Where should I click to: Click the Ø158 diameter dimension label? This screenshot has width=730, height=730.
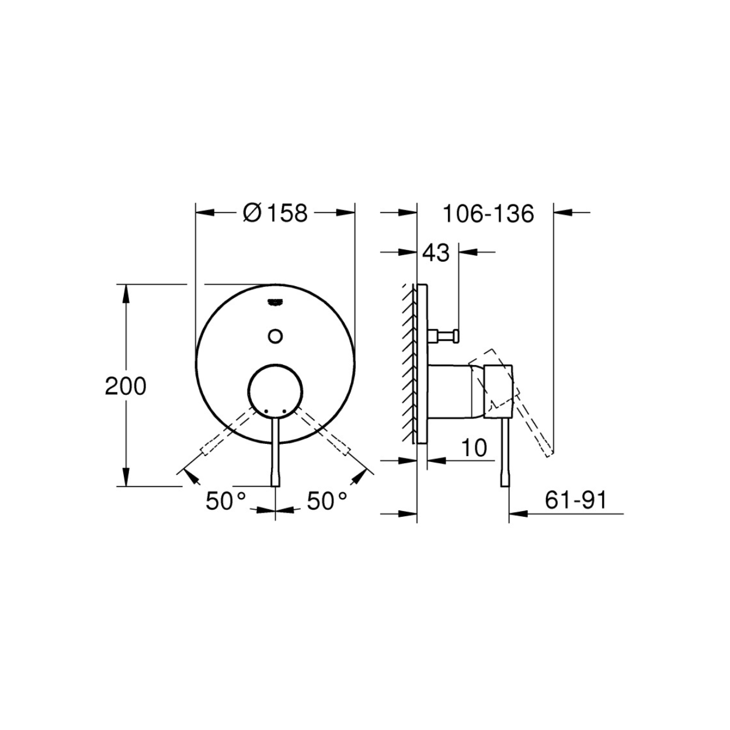275,213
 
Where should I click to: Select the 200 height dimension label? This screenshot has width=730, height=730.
126,387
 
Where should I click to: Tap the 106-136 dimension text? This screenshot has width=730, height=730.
488,214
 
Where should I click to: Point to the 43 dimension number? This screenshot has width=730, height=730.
436,253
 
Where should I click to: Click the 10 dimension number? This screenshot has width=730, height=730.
474,447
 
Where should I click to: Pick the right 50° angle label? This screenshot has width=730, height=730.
327,501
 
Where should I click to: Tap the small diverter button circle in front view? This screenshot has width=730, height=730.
276,336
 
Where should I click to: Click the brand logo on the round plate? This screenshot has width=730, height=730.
276,301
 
